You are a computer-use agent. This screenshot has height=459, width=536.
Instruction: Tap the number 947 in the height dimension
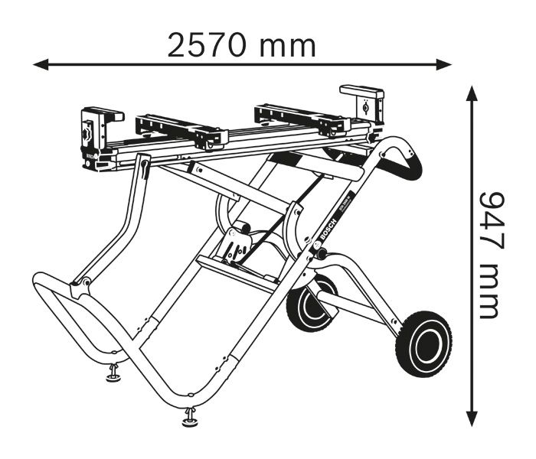(488, 222)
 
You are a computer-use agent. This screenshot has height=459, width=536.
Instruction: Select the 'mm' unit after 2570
(286, 46)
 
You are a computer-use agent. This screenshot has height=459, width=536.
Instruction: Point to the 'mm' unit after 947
(488, 293)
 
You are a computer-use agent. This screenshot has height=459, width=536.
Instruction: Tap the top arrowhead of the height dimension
(472, 93)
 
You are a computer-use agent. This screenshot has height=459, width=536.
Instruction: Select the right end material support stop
(365, 103)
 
